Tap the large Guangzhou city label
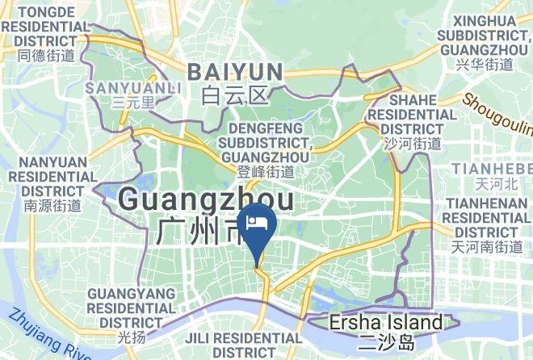(x=206, y=199)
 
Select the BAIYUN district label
(x=235, y=72)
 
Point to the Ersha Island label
(x=386, y=324)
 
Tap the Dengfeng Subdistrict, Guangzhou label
(x=266, y=142)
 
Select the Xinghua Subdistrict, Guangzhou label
(x=484, y=33)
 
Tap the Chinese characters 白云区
(x=234, y=97)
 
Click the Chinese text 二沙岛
(x=387, y=343)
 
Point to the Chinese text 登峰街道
(x=266, y=170)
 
